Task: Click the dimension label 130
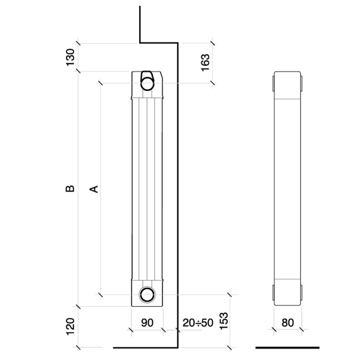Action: (70, 57)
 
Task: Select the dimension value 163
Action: (205, 63)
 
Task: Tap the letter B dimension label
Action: (70, 189)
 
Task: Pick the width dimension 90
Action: (147, 323)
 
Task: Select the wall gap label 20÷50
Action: (198, 323)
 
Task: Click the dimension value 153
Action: (224, 321)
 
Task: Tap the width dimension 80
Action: (288, 323)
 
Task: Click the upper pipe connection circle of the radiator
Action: (147, 83)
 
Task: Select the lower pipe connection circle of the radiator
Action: (147, 294)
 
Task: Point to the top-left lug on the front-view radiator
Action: (274, 84)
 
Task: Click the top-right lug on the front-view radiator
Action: (301, 84)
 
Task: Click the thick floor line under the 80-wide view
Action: (288, 347)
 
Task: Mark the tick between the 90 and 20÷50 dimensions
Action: (163, 330)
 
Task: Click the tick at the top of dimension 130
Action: (79, 43)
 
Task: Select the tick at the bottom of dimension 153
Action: (229, 347)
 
